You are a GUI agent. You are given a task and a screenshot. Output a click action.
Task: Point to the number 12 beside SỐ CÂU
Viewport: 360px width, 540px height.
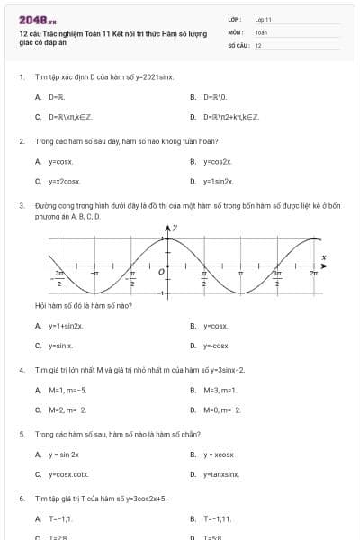tap(258, 45)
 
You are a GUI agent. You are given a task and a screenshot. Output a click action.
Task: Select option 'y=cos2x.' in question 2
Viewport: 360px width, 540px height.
tap(217, 161)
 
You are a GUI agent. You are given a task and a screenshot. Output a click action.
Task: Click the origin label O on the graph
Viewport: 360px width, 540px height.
tap(162, 270)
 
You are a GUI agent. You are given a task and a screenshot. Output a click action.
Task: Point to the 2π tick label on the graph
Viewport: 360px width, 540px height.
tap(313, 272)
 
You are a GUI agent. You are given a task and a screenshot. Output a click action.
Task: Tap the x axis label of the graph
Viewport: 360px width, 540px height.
tap(324, 257)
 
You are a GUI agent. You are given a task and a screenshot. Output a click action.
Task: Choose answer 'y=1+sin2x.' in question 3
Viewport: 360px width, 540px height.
tap(66, 326)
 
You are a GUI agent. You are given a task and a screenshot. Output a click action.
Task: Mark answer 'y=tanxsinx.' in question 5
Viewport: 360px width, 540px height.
tap(221, 473)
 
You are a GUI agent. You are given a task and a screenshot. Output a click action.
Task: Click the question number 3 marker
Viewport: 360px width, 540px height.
tap(21, 205)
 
